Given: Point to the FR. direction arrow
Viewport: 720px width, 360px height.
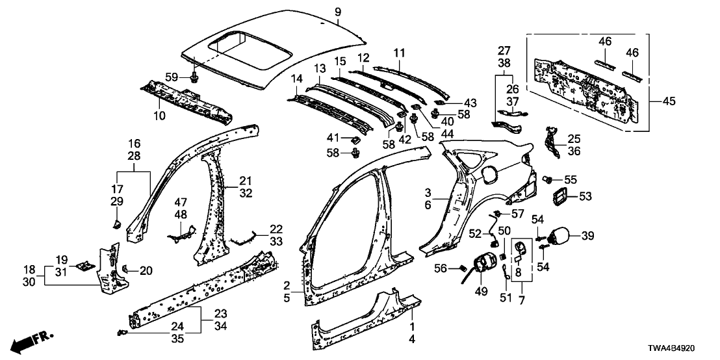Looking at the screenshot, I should tap(32, 341).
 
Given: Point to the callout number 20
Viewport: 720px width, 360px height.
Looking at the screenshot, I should tap(144, 270).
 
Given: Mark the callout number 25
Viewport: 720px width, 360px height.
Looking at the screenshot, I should tap(573, 138).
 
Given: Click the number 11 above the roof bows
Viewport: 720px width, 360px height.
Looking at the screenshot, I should tap(398, 51).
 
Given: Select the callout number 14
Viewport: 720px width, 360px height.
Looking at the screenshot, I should tap(298, 79).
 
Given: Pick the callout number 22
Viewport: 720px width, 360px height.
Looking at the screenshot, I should tap(276, 229).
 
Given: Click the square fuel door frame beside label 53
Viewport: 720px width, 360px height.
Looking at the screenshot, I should tap(559, 196).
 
